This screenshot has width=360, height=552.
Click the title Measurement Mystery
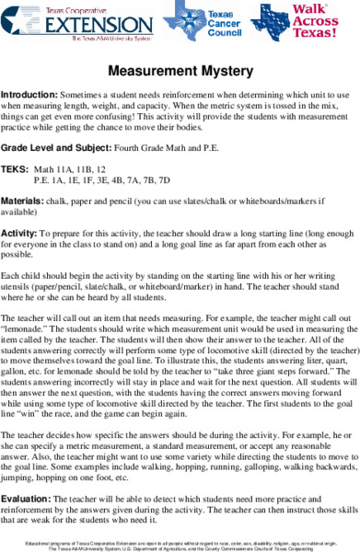[x=180, y=71]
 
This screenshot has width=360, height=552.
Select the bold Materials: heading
[x=22, y=200]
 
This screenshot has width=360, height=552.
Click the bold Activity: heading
[x=19, y=235]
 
